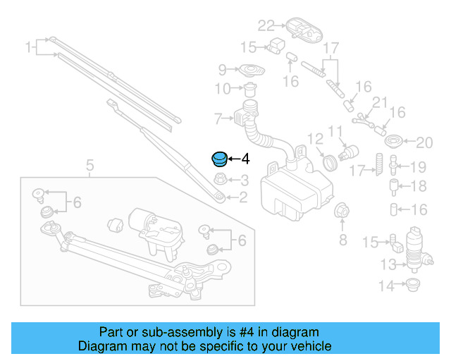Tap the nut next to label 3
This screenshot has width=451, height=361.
point(220,179)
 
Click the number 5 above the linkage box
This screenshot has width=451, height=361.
point(89,166)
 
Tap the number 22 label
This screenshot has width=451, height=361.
point(266,26)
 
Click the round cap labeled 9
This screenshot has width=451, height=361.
point(248,71)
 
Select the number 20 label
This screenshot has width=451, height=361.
point(423,143)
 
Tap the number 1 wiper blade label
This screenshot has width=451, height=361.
point(29,48)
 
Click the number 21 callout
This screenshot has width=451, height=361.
point(380,102)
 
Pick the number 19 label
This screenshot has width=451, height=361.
point(419,168)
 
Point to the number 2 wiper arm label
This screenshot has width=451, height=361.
point(244,198)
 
